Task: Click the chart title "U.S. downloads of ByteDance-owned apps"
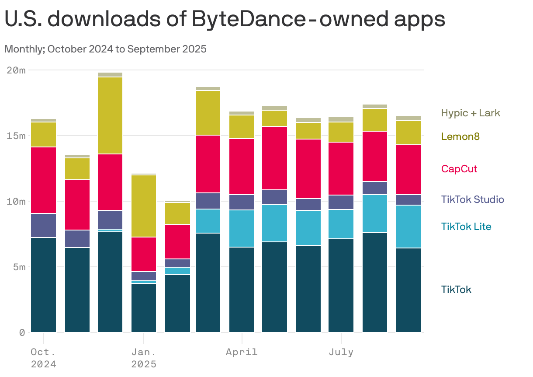(x=225, y=19)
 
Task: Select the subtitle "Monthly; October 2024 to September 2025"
(x=105, y=49)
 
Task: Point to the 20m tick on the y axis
(x=16, y=70)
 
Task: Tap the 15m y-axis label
(x=16, y=136)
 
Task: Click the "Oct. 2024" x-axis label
(x=43, y=358)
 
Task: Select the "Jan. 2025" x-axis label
(x=144, y=358)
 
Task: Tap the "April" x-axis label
(x=242, y=352)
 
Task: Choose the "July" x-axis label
(x=341, y=352)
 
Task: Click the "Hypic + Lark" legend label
(x=471, y=113)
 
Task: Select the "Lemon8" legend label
(x=460, y=136)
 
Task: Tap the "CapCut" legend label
(x=459, y=169)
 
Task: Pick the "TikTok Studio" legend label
(x=472, y=199)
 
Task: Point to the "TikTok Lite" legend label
(x=466, y=227)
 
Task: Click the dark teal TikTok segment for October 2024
(x=43, y=285)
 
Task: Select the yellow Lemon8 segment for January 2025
(x=144, y=206)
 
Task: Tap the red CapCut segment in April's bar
(x=242, y=167)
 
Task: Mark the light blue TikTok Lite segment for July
(x=341, y=224)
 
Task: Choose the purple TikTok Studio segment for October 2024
(x=43, y=225)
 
